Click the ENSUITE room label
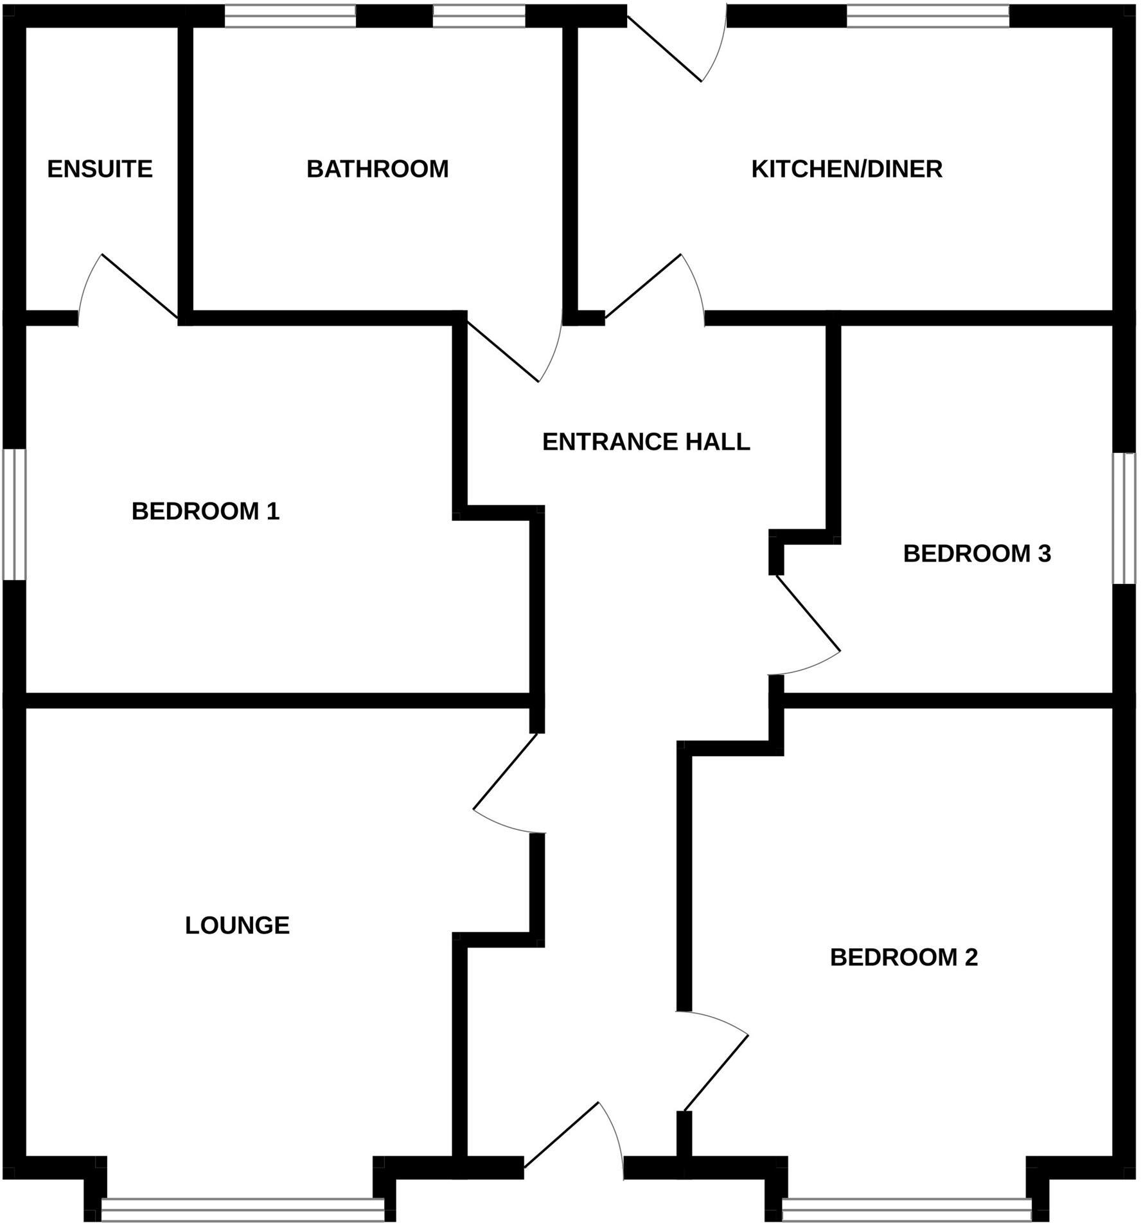pos(100,169)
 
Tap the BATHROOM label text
pos(377,169)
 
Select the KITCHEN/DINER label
pos(847,169)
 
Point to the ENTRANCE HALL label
pos(646,442)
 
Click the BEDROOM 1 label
pos(206,511)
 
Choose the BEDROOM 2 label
pos(903,957)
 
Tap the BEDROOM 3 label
pos(977,553)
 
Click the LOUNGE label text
pos(237,925)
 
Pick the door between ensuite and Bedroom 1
pos(128,289)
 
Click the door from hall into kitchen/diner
pos(655,289)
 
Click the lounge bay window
pos(242,1207)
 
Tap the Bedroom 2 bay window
pos(907,1207)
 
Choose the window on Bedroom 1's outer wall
pos(14,514)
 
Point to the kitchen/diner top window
pos(928,15)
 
